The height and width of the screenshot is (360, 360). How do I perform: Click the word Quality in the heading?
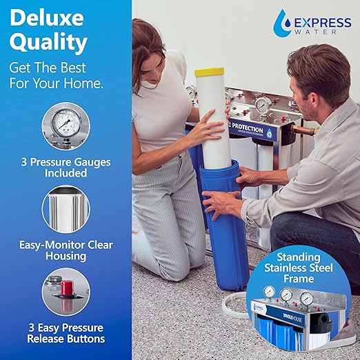point(48,43)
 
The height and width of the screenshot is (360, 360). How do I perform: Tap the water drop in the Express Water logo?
point(282,23)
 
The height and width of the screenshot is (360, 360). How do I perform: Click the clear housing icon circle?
point(66,208)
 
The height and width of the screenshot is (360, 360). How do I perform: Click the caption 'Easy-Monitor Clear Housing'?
point(66,250)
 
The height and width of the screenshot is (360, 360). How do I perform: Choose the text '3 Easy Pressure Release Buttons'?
point(66,332)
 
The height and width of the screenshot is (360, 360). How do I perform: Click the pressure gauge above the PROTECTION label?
point(262,104)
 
